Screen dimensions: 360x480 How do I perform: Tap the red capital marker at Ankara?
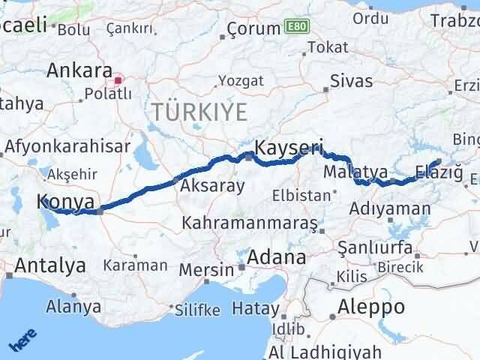click(118, 79)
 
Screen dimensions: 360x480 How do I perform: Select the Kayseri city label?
click(289, 148)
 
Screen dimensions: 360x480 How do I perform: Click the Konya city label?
click(67, 202)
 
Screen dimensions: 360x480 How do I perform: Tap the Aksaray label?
click(211, 186)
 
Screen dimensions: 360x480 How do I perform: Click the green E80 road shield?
click(295, 27)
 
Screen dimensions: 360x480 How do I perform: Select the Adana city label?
click(277, 257)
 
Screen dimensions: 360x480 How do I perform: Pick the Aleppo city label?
click(370, 306)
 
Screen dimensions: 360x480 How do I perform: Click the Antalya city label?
click(49, 265)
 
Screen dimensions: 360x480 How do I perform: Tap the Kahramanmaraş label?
click(250, 223)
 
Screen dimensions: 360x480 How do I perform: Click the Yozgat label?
click(237, 81)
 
